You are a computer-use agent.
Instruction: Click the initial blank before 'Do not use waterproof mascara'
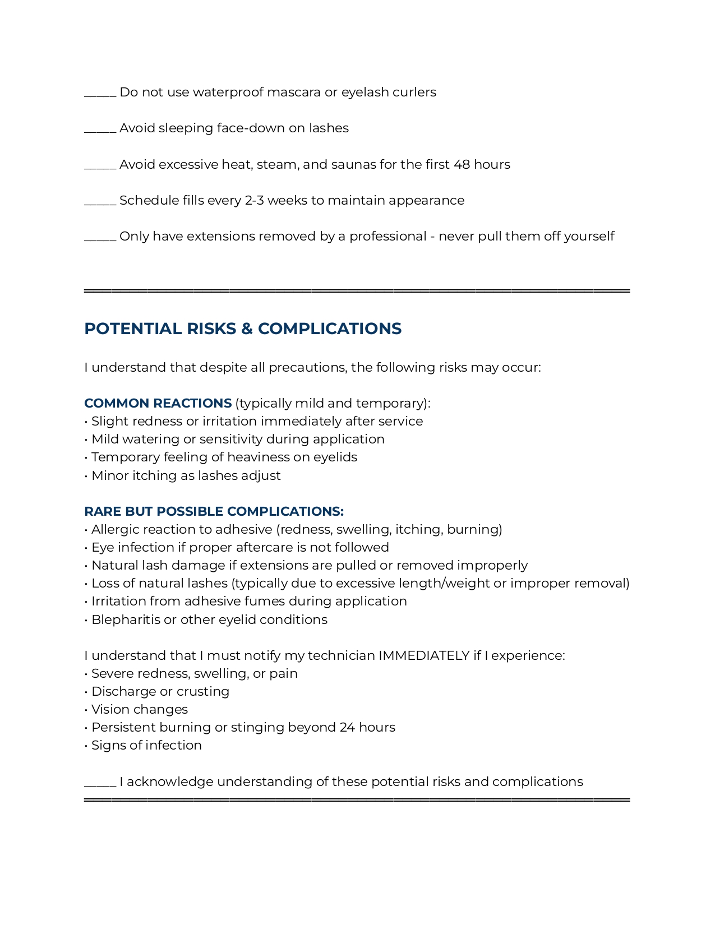point(100,95)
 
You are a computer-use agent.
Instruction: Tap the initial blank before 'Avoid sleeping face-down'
point(100,131)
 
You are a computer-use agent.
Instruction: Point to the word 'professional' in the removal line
point(388,237)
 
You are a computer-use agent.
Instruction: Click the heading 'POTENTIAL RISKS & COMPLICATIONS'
point(242,329)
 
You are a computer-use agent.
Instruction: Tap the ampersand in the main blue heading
point(247,329)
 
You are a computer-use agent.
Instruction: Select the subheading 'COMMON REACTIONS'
point(158,404)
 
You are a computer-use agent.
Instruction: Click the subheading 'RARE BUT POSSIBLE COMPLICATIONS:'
point(214,512)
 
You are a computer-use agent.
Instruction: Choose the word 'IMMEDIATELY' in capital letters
point(424,656)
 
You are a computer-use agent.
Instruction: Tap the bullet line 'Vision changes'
point(139,710)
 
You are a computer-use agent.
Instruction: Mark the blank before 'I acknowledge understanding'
point(100,785)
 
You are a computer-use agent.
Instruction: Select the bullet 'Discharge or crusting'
point(160,692)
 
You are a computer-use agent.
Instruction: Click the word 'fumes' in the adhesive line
point(265,602)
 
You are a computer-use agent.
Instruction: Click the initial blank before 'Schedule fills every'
point(100,204)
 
